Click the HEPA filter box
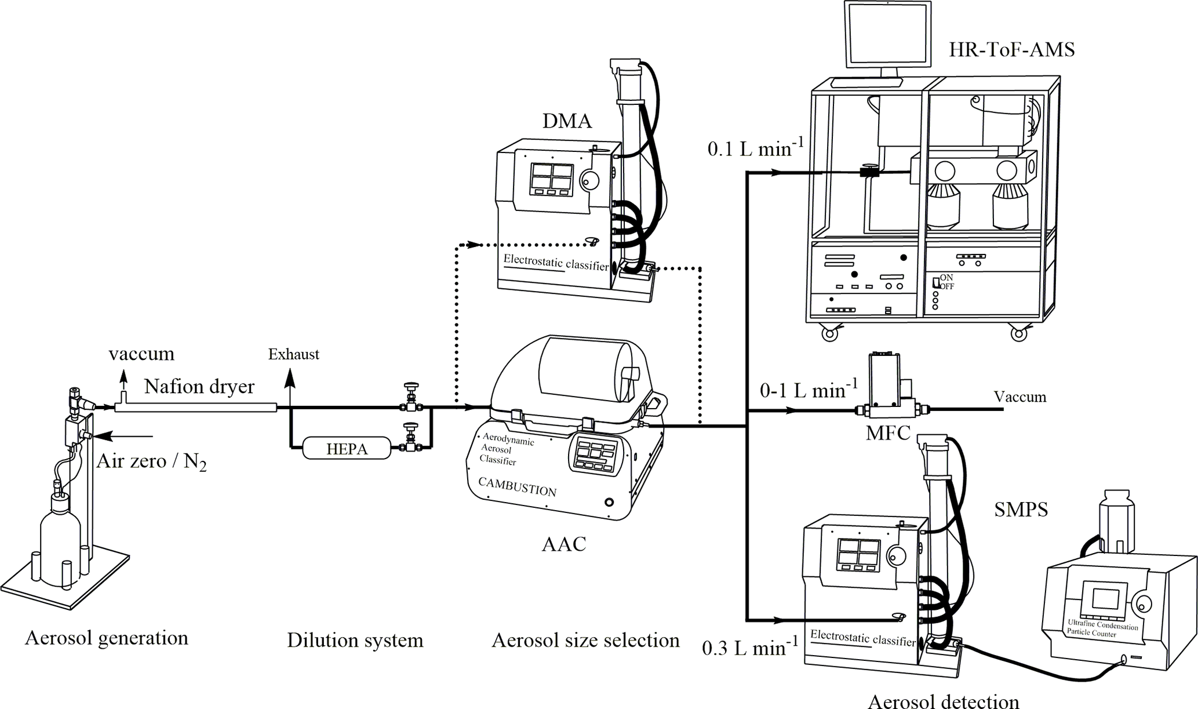pos(347,448)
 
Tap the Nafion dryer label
pos(199,387)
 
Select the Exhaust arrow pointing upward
pos(290,388)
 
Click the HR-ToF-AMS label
pos(1011,50)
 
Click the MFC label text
pos(888,432)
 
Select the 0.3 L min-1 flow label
pos(750,647)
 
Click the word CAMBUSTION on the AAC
pos(517,488)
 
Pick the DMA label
pos(567,121)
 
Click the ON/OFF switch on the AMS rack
pos(937,282)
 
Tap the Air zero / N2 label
pos(151,461)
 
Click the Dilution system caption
pos(355,640)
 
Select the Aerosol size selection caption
pos(585,640)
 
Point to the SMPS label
pos(1021,510)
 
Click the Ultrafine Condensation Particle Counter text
pos(1102,628)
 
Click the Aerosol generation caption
pos(107,638)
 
